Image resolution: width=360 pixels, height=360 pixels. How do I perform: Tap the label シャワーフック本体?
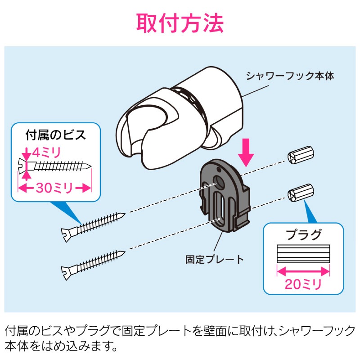[x=289, y=76]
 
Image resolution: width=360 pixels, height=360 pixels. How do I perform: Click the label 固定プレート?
[x=215, y=259]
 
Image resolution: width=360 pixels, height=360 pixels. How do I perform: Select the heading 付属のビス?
[x=55, y=135]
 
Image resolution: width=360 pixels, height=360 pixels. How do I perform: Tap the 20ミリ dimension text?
[x=303, y=284]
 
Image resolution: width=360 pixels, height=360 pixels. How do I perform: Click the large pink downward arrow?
[x=246, y=152]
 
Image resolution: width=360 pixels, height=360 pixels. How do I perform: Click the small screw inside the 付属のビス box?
[x=55, y=166]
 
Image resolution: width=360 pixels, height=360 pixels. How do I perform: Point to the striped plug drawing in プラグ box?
[x=303, y=255]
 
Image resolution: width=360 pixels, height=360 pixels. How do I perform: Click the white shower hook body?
[x=180, y=117]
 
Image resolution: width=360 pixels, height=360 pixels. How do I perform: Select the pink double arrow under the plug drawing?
[x=303, y=271]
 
